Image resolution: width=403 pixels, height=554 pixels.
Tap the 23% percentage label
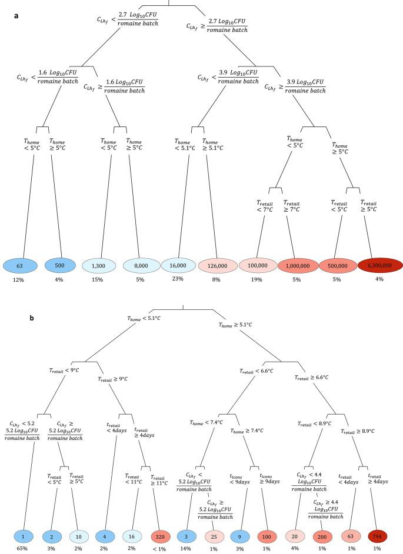click(178, 279)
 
